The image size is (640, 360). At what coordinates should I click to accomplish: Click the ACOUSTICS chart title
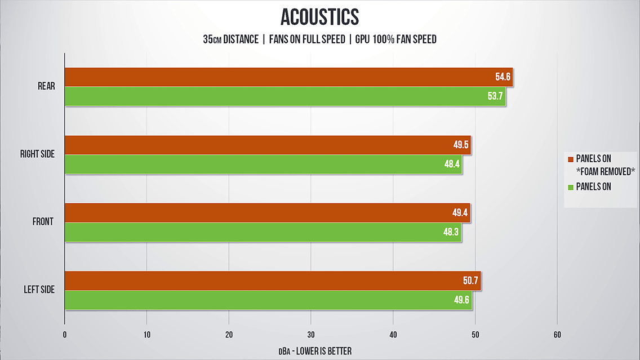coord(319,17)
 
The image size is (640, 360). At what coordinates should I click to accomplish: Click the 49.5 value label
coord(461,145)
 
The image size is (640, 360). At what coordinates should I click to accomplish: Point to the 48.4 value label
coord(452,164)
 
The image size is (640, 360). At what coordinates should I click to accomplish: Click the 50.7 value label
coord(472,281)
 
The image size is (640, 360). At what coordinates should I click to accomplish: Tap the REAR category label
coord(46,86)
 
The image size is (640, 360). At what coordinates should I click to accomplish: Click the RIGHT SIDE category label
coord(37,154)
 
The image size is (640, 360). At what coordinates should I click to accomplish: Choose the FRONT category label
coord(43,222)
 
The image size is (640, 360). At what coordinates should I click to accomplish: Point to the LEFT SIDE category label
coord(39,290)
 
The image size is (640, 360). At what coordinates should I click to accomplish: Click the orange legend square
coord(570,158)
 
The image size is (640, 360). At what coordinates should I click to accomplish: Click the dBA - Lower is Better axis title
coord(315,351)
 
